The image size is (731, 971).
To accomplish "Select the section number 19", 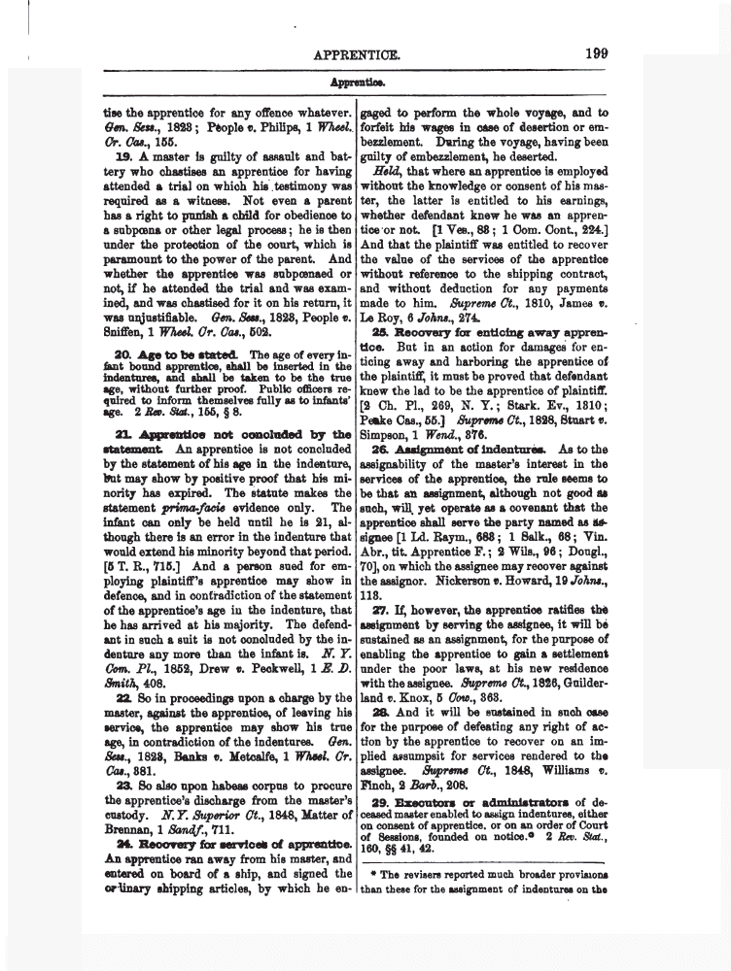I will coord(123,155).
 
